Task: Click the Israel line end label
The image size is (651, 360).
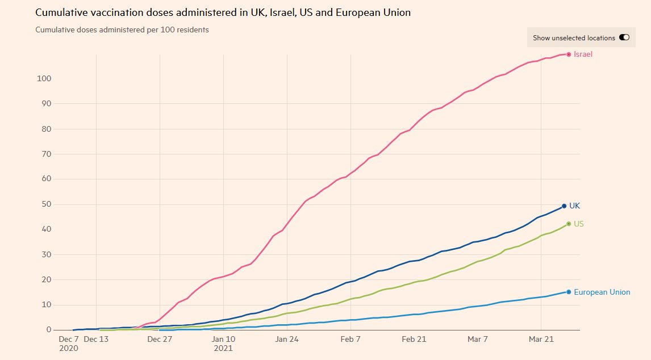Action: click(x=583, y=55)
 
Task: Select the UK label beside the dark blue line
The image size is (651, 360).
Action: click(x=574, y=206)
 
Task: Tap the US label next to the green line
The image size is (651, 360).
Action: click(x=578, y=224)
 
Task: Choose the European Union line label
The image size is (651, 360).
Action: click(x=602, y=292)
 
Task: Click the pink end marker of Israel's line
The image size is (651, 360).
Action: click(x=569, y=55)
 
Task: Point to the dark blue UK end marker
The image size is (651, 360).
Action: click(x=564, y=206)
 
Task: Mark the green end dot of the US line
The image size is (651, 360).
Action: click(x=569, y=224)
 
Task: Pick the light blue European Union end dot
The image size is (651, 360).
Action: click(x=569, y=292)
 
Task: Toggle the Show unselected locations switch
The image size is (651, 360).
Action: click(x=624, y=38)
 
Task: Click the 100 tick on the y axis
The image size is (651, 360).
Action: click(x=45, y=79)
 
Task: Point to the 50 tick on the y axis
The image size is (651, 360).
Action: click(x=48, y=204)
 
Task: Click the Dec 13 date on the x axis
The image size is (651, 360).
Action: click(x=95, y=340)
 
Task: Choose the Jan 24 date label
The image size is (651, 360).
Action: click(x=287, y=340)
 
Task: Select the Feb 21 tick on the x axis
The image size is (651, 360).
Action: click(x=414, y=340)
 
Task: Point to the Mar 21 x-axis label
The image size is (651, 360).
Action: click(x=541, y=340)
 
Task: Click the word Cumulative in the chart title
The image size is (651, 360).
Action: click(x=60, y=12)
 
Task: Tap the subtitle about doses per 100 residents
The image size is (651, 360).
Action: click(x=122, y=30)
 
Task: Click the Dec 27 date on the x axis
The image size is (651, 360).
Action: click(x=160, y=340)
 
